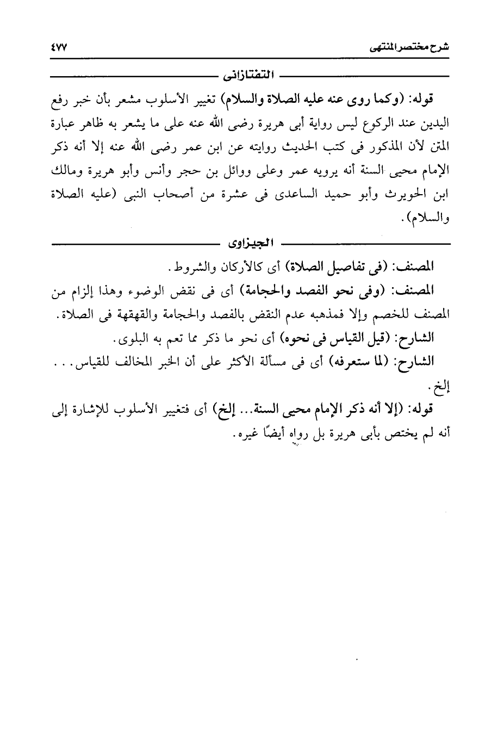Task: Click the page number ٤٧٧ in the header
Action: coord(57,48)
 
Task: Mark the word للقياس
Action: coord(104,363)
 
